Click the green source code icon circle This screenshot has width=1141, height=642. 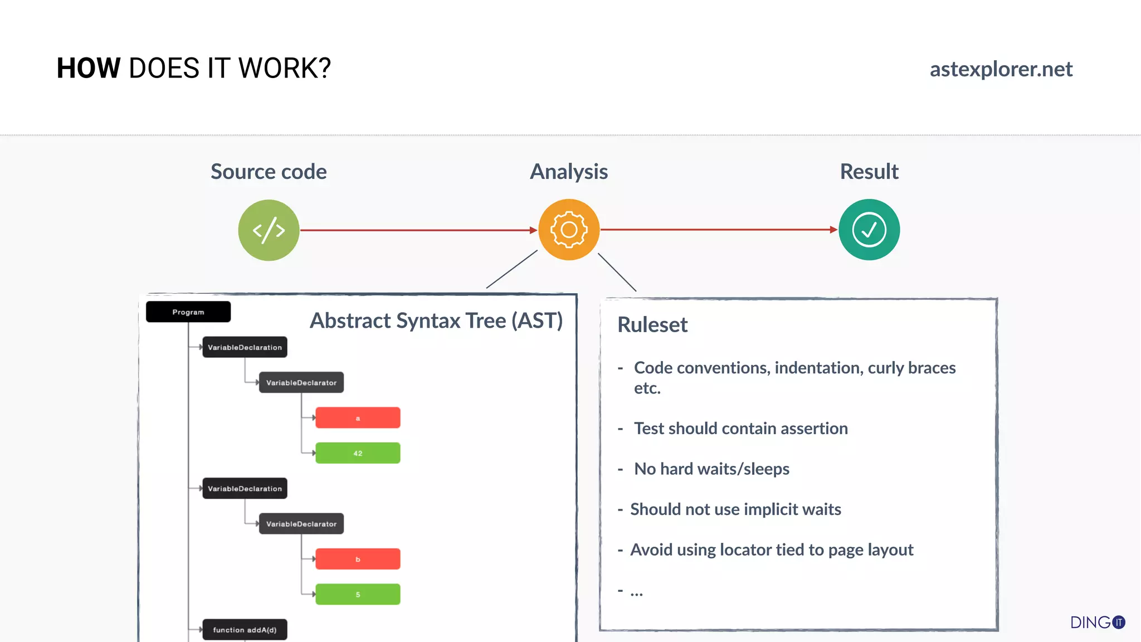[x=269, y=230]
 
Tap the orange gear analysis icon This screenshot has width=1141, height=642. [x=569, y=230]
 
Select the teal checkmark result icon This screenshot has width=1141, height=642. [x=869, y=230]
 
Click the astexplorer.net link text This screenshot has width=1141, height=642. [x=1001, y=69]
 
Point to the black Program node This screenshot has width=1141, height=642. [x=188, y=312]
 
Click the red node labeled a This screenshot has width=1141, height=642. [x=358, y=418]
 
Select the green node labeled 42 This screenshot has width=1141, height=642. [x=358, y=453]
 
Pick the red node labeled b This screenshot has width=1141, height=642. [x=358, y=559]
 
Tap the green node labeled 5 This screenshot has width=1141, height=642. [x=358, y=594]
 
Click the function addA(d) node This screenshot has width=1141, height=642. [x=245, y=630]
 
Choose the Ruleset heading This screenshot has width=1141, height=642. [x=652, y=325]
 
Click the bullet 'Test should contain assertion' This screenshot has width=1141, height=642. [x=740, y=429]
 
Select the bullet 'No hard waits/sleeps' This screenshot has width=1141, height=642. [x=711, y=469]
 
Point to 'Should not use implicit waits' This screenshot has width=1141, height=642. [x=735, y=509]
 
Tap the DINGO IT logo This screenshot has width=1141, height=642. [x=1097, y=622]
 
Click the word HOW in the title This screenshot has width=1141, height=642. [x=89, y=69]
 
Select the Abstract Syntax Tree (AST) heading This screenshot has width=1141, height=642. [x=436, y=321]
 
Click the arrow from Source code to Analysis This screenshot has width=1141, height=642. [x=418, y=230]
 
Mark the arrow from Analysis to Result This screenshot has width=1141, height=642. [x=719, y=230]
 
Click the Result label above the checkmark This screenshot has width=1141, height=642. [x=869, y=172]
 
